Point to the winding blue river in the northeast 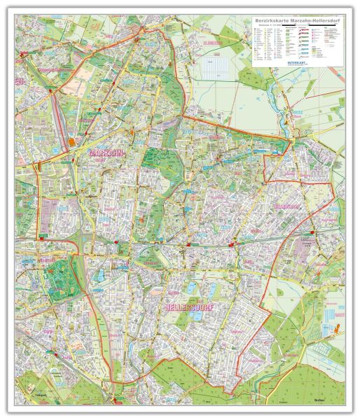click(289, 120)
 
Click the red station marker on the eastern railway click(233, 244)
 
